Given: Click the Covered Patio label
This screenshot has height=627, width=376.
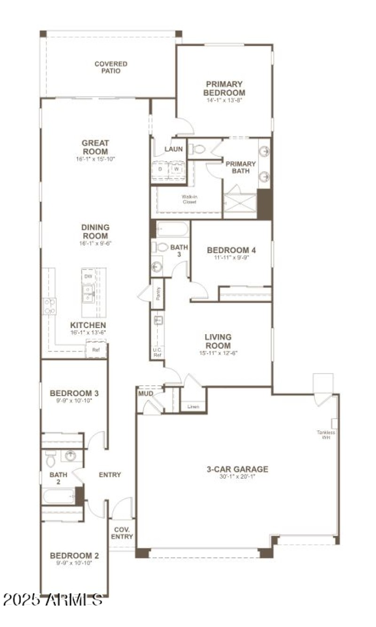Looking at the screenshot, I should [110, 67].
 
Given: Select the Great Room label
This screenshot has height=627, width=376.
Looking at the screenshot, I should [95, 147].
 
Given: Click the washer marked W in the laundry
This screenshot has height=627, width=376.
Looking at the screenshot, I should [177, 168].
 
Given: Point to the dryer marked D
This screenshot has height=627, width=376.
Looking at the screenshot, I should [160, 168].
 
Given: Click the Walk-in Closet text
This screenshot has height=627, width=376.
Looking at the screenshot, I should [189, 199].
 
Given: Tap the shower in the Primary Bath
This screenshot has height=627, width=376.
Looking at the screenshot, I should [240, 202].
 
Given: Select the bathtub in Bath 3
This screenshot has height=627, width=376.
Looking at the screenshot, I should [172, 229].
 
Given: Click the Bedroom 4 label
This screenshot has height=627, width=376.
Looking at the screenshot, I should [231, 250].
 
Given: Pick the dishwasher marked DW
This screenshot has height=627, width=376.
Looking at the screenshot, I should [88, 277].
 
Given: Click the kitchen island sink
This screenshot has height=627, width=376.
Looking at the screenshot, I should [88, 294].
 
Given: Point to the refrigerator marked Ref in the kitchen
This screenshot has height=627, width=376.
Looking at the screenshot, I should [96, 350].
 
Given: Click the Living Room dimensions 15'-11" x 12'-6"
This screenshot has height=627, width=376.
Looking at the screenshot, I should [218, 353].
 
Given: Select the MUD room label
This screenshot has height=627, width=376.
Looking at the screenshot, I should [145, 393].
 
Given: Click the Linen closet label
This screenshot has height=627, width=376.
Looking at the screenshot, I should [193, 406].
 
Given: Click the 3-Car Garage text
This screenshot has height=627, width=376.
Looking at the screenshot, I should [237, 469].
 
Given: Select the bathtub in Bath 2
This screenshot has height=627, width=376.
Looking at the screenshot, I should [58, 496].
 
